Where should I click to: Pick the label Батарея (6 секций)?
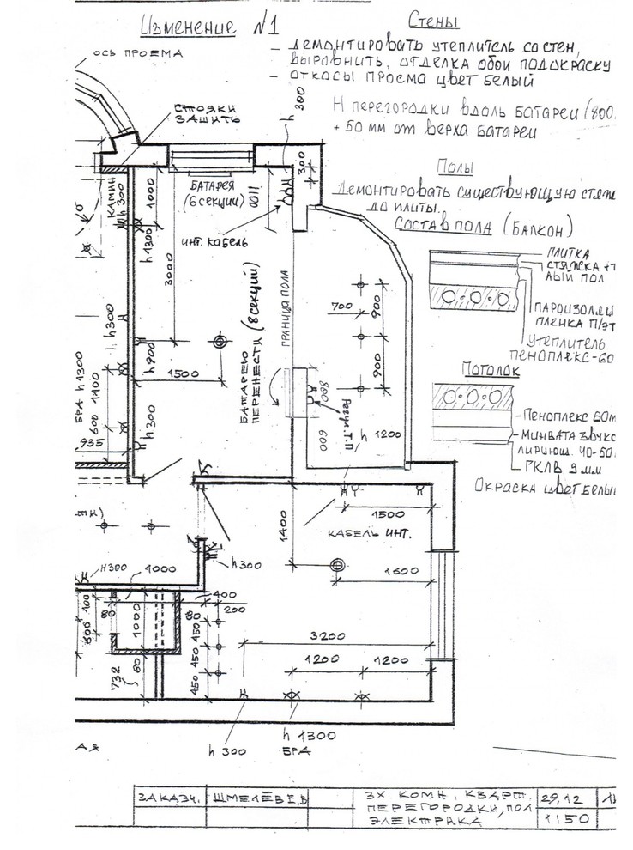(x=214, y=193)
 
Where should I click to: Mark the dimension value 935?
(x=92, y=443)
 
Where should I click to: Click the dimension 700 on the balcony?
(x=340, y=307)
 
